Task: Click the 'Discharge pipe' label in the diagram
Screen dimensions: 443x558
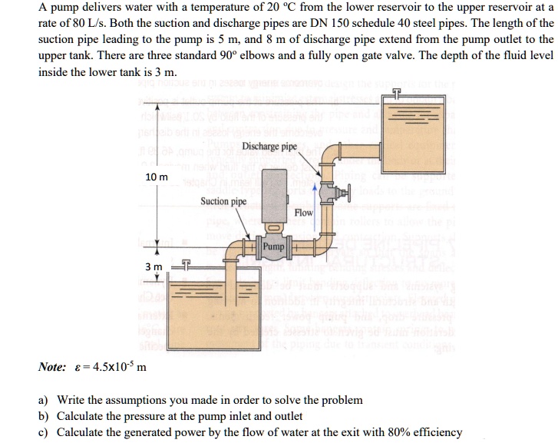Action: tap(269, 147)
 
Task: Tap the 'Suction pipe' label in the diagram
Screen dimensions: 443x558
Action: tap(223, 201)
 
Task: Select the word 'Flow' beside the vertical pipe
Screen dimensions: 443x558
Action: tap(304, 212)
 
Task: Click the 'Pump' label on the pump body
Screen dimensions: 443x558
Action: tap(274, 247)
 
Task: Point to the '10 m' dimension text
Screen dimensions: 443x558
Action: tap(157, 177)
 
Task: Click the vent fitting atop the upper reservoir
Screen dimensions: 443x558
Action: tap(396, 94)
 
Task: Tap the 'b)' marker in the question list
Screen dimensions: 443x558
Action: tap(44, 416)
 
